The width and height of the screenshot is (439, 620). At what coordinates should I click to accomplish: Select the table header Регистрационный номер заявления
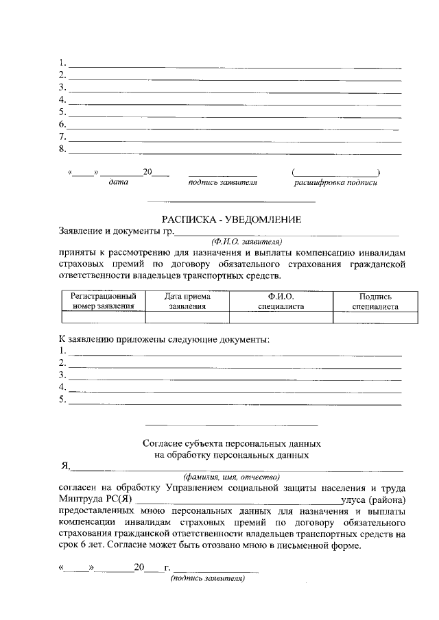click(x=104, y=301)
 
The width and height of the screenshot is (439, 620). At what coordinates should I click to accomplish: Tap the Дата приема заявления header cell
click(x=187, y=301)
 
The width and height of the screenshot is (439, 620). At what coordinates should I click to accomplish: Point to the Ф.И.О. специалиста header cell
click(x=281, y=301)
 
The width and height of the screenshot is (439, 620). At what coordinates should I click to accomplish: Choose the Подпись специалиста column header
click(x=375, y=301)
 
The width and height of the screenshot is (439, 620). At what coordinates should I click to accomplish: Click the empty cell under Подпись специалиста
click(x=375, y=317)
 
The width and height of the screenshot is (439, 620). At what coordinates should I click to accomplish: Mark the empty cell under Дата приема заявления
click(x=187, y=317)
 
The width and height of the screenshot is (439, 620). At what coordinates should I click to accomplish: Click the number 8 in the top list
click(x=62, y=149)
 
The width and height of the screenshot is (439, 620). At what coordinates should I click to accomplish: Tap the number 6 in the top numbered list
click(x=62, y=125)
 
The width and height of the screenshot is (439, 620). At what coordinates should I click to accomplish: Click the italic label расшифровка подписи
click(x=335, y=183)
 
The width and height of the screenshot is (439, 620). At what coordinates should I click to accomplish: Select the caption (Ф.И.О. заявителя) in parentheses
click(x=247, y=241)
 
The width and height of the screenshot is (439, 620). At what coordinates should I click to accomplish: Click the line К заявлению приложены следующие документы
click(x=164, y=339)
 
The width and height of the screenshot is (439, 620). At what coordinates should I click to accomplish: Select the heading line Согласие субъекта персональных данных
click(x=231, y=443)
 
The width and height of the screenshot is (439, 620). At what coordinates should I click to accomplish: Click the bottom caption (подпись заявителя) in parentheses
click(x=207, y=578)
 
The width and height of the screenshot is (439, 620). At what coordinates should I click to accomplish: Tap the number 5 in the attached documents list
click(x=62, y=399)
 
